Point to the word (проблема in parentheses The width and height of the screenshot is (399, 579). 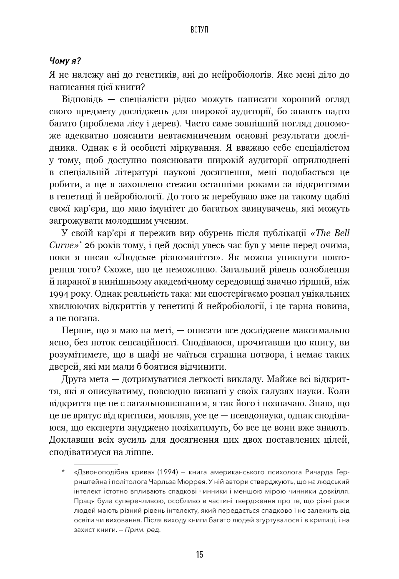(100, 123)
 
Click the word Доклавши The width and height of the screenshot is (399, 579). (69, 440)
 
